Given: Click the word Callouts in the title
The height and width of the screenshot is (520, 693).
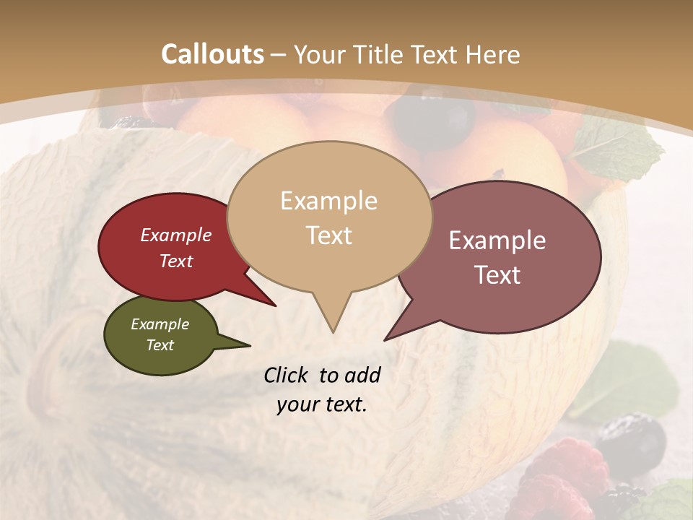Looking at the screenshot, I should click(x=212, y=54).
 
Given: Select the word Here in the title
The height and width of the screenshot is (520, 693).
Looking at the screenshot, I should click(x=492, y=54).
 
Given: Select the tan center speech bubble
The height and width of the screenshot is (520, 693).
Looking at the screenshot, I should click(x=329, y=217).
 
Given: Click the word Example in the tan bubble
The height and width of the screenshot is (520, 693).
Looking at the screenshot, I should click(x=329, y=201).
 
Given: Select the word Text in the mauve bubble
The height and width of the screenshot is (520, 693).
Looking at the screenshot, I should click(x=498, y=275).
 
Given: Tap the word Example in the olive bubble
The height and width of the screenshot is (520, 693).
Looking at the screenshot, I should click(x=160, y=324).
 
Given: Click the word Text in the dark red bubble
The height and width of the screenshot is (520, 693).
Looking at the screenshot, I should click(x=176, y=261).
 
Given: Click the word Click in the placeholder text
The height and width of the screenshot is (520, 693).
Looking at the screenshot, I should click(x=287, y=375).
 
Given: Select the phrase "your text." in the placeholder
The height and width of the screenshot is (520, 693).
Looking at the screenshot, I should click(x=322, y=404).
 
